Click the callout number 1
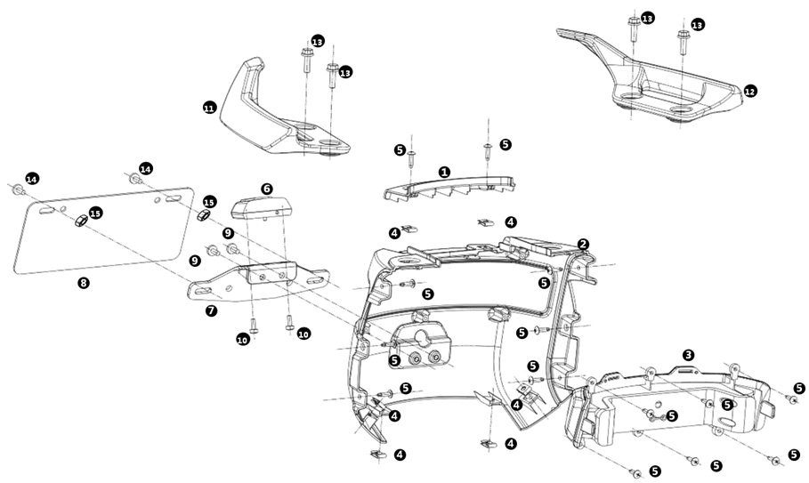444,172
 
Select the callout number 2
583,244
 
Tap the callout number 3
688,354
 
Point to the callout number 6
266,189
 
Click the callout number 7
211,311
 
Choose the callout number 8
84,284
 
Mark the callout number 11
209,108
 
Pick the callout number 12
750,91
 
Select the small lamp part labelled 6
262,209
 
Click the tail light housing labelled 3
676,405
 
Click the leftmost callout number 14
32,179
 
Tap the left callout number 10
243,339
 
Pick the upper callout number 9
229,232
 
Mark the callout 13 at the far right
698,25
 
